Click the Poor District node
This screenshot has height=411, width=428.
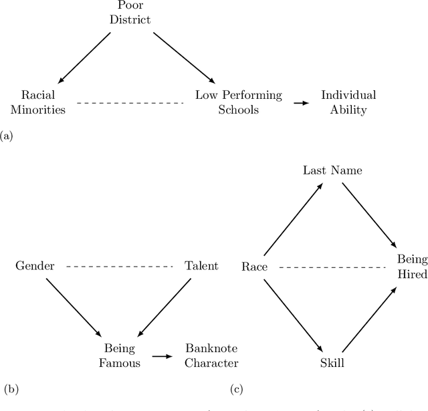[131, 13]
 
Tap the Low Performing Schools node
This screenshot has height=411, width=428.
[238, 102]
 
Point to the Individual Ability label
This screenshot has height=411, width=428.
[348, 102]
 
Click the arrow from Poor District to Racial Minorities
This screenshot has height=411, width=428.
[86, 57]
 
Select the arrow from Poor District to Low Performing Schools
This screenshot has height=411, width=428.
[181, 57]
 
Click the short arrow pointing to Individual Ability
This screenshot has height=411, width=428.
[302, 103]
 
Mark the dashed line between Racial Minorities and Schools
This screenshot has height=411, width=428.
[130, 103]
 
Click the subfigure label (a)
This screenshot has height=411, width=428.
[7, 136]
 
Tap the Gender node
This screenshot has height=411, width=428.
[35, 266]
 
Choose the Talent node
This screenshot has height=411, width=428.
[201, 266]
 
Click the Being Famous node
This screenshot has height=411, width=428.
[120, 356]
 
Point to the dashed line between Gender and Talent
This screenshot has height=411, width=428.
[118, 267]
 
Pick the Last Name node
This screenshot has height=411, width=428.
[332, 170]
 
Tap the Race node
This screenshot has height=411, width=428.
[254, 267]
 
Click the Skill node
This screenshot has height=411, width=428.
[332, 363]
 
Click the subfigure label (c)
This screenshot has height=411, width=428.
[236, 388]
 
